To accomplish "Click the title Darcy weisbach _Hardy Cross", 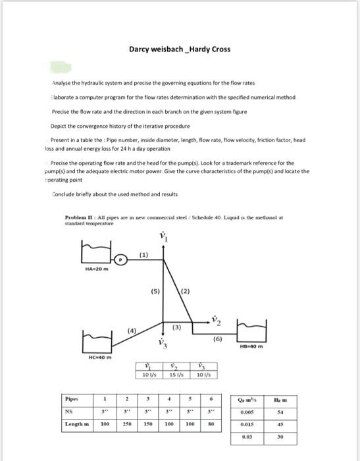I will tap(179, 49).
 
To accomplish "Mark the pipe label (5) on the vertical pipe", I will tap(155, 290).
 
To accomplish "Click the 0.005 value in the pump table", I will tap(249, 412).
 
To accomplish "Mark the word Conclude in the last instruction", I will tap(65, 194).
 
